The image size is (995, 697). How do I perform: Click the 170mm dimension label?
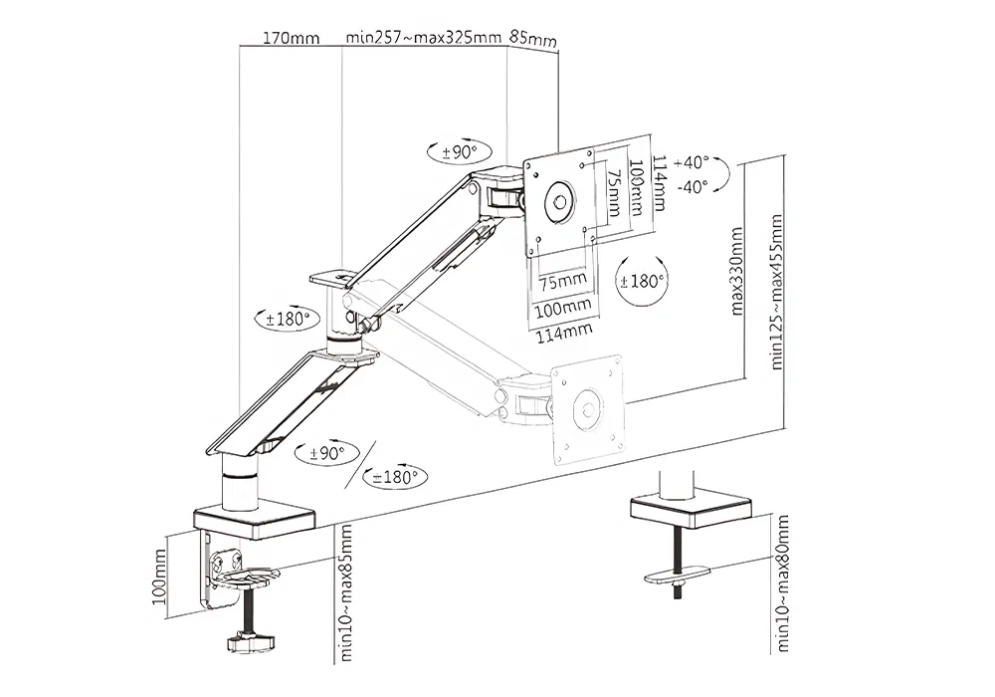click(291, 39)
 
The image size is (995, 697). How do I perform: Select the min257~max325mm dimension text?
click(422, 39)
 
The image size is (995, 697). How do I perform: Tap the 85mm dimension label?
click(532, 40)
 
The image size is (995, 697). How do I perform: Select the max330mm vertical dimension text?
click(738, 270)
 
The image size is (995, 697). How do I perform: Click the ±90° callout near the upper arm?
click(461, 152)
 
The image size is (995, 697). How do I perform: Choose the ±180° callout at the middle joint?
click(290, 321)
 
